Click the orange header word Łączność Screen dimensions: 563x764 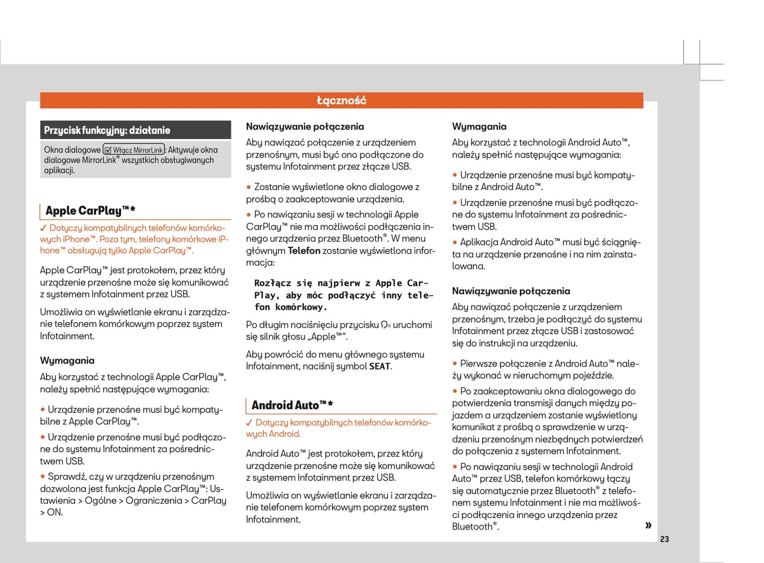pyautogui.click(x=341, y=101)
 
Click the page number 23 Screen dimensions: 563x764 pyautogui.click(x=665, y=539)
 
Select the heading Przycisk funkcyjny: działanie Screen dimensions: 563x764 pyautogui.click(x=107, y=131)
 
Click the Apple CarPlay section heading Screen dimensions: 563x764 pyautogui.click(x=90, y=211)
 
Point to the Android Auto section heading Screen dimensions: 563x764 pyautogui.click(x=292, y=405)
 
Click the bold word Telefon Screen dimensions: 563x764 pyautogui.click(x=304, y=251)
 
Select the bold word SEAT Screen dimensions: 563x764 pyautogui.click(x=380, y=367)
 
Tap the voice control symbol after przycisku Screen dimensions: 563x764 pyautogui.click(x=385, y=325)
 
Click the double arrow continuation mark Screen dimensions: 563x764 pyautogui.click(x=648, y=525)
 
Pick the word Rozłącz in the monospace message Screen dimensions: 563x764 pyautogui.click(x=272, y=284)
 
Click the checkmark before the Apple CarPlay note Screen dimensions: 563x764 pyautogui.click(x=43, y=229)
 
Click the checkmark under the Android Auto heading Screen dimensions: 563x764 pyautogui.click(x=250, y=423)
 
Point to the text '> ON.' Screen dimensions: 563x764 pyautogui.click(x=51, y=513)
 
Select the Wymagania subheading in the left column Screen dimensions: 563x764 pyautogui.click(x=67, y=361)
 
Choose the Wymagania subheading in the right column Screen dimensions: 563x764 pyautogui.click(x=479, y=127)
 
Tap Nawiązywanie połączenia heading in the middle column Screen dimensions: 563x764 pyautogui.click(x=305, y=127)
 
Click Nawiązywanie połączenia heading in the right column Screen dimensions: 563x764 pyautogui.click(x=511, y=292)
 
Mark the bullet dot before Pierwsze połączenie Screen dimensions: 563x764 pyautogui.click(x=455, y=364)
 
